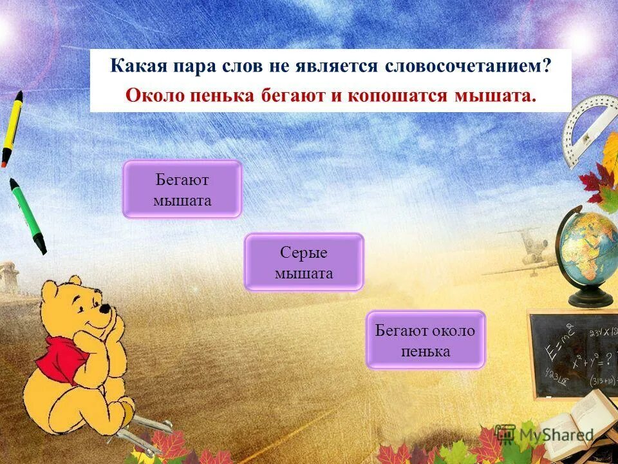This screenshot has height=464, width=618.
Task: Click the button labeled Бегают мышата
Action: pos(182,189)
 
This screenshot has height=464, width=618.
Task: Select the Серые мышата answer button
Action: pos(304,262)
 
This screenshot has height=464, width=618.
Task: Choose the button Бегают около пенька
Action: pos(425,340)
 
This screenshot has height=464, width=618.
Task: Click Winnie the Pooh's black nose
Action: pos(104,309)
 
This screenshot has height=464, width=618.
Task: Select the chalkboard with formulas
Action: pos(572,355)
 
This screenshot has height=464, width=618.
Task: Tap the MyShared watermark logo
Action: pos(544,435)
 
